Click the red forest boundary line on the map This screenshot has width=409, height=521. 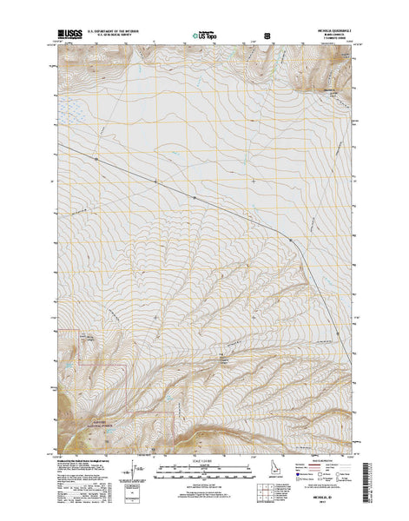pos(129,382)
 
